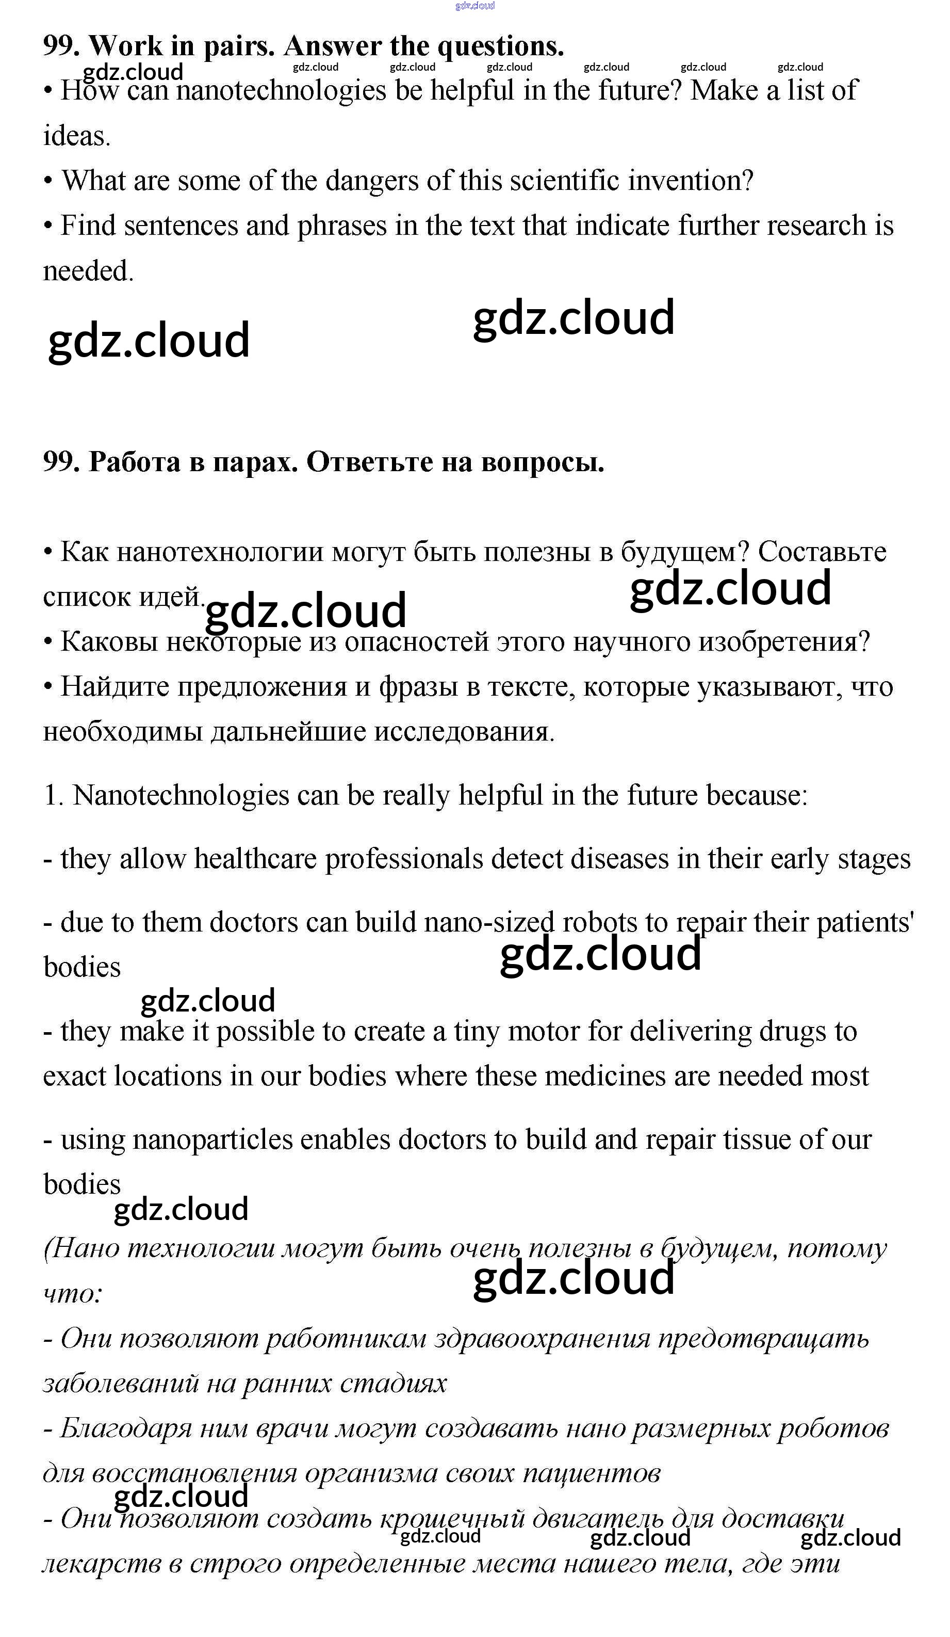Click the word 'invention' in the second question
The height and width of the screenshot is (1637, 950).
click(690, 181)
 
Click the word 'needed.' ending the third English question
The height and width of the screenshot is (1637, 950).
click(88, 271)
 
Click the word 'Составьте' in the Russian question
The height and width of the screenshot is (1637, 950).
click(822, 552)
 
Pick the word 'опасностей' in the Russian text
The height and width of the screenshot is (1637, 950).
click(416, 643)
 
